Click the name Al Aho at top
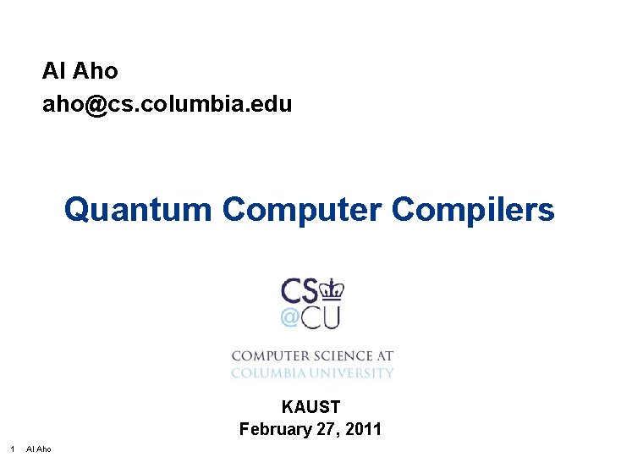pos(80,71)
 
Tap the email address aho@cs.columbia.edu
pos(167,104)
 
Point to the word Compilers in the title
pos(473,209)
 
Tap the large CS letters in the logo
pos(300,291)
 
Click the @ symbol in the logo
pos(289,317)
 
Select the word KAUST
pos(310,408)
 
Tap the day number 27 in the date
pos(326,429)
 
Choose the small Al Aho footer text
pos(39,449)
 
